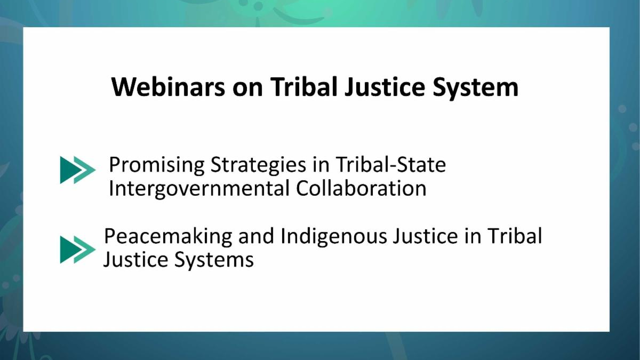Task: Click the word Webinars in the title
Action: [x=168, y=87]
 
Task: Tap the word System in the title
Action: [x=475, y=89]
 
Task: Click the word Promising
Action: [x=157, y=166]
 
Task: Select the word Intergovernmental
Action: [x=199, y=189]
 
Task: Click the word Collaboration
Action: [x=361, y=188]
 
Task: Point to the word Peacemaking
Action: [x=168, y=237]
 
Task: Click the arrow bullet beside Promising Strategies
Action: [x=78, y=170]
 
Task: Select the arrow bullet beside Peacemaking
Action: [x=78, y=250]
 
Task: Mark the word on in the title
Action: [x=247, y=89]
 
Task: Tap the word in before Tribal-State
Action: [x=321, y=165]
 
